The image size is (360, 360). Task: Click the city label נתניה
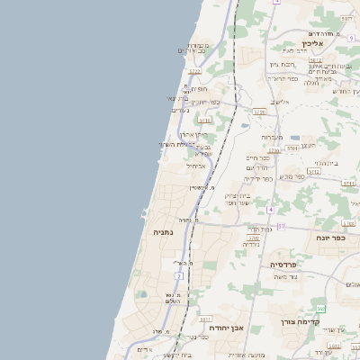(x=163, y=232)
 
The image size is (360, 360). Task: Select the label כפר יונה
(x=328, y=238)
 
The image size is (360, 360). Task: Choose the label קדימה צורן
(x=326, y=321)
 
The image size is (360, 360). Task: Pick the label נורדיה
(x=251, y=244)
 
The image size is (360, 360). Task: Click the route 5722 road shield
(x=194, y=70)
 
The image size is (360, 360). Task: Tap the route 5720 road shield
(x=260, y=112)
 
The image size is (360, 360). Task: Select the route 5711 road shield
(x=204, y=120)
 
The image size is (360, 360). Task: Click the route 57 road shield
(x=281, y=226)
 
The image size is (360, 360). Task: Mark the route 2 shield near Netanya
(x=179, y=275)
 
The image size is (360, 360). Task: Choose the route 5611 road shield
(x=205, y=319)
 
